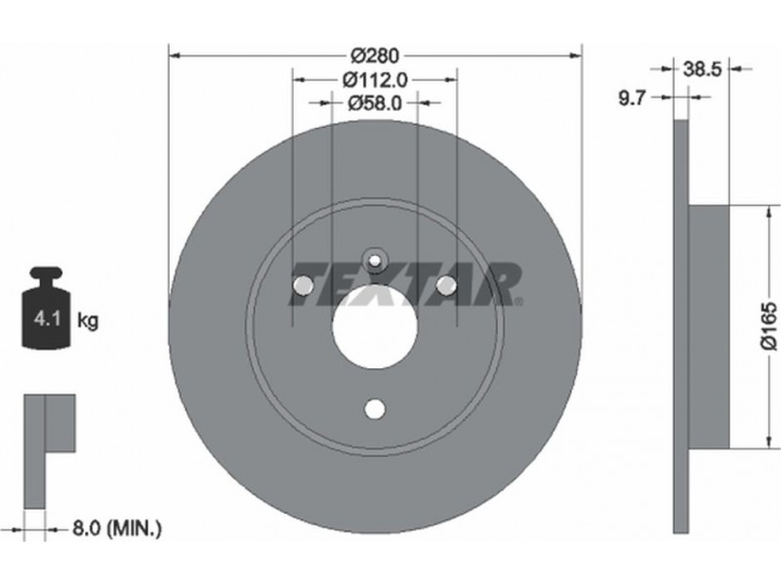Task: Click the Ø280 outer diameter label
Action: point(375,56)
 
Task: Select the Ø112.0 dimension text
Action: point(375,79)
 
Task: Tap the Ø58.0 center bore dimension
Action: point(375,104)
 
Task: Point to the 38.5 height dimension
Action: point(702,69)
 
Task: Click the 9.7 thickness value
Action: point(632,99)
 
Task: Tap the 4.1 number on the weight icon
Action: point(46,318)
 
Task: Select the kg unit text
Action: point(88,320)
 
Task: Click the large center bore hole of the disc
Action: point(375,326)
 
